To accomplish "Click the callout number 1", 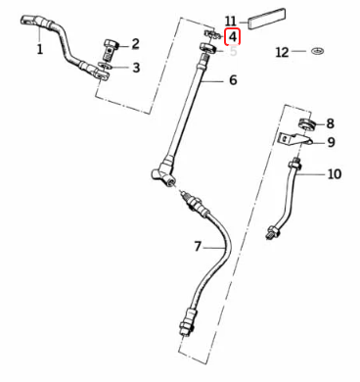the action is click(x=40, y=50).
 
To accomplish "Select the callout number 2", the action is click(x=135, y=44).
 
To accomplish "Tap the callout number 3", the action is click(x=136, y=68).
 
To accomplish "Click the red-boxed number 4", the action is click(x=233, y=37).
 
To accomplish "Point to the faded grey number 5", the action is click(x=233, y=52).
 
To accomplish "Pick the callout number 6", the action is click(x=233, y=79).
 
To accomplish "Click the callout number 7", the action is click(x=198, y=246).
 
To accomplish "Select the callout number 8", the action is click(x=330, y=123).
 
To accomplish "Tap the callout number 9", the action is click(x=331, y=142).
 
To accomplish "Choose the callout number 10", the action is click(x=335, y=174).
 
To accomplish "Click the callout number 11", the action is click(x=231, y=22).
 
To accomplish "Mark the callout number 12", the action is click(x=282, y=52).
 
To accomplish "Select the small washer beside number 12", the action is click(x=316, y=51).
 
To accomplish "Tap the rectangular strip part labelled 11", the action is click(x=267, y=19).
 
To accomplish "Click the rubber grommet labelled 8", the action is click(x=307, y=124).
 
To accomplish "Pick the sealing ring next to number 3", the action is click(x=106, y=67).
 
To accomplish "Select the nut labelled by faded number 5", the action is click(x=208, y=48).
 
